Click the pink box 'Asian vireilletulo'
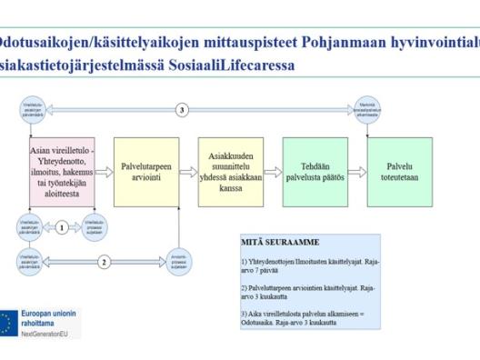click(62, 172)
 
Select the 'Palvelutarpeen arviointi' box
click(145, 172)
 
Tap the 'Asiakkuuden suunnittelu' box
click(230, 172)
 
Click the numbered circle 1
click(61, 227)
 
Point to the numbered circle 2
click(104, 262)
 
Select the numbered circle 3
click(182, 110)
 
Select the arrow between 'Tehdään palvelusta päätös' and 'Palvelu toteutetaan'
click(357, 172)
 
